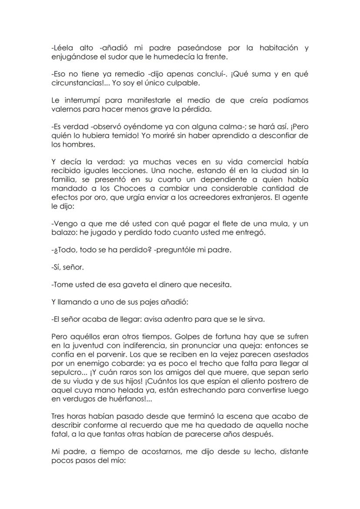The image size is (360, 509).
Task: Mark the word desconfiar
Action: click(280, 136)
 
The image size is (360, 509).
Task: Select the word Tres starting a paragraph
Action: click(58, 416)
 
